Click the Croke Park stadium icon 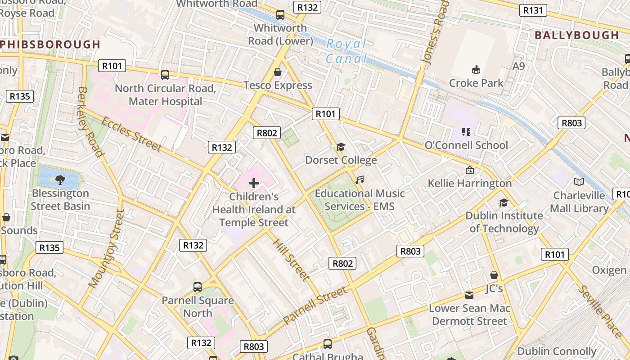(476, 69)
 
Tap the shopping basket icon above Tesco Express (278, 72)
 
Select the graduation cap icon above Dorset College (341, 147)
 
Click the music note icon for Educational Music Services (359, 180)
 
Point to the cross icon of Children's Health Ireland (254, 183)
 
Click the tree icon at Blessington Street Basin (60, 180)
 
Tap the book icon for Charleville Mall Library (579, 182)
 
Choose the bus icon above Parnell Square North (197, 287)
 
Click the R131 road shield (533, 10)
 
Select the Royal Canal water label (346, 51)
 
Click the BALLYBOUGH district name (576, 35)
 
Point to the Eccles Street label (131, 134)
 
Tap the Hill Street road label (291, 259)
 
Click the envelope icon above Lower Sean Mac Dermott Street (469, 295)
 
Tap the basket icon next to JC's (494, 275)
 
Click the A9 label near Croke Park (519, 66)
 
